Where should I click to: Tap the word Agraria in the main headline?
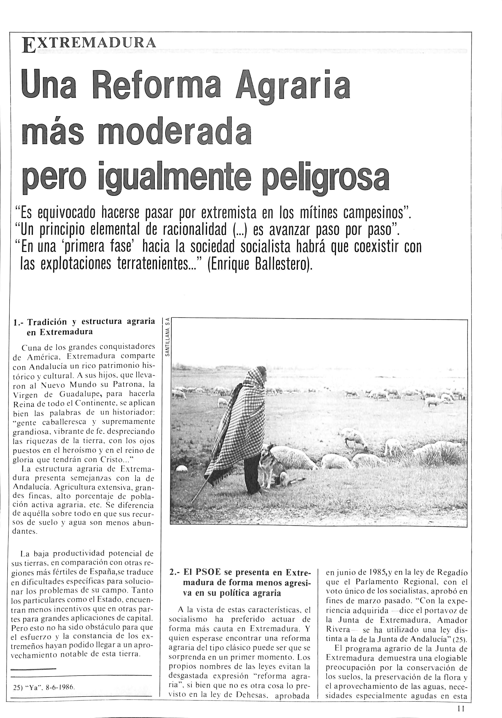pos(293,85)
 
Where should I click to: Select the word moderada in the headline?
pos(174,132)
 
